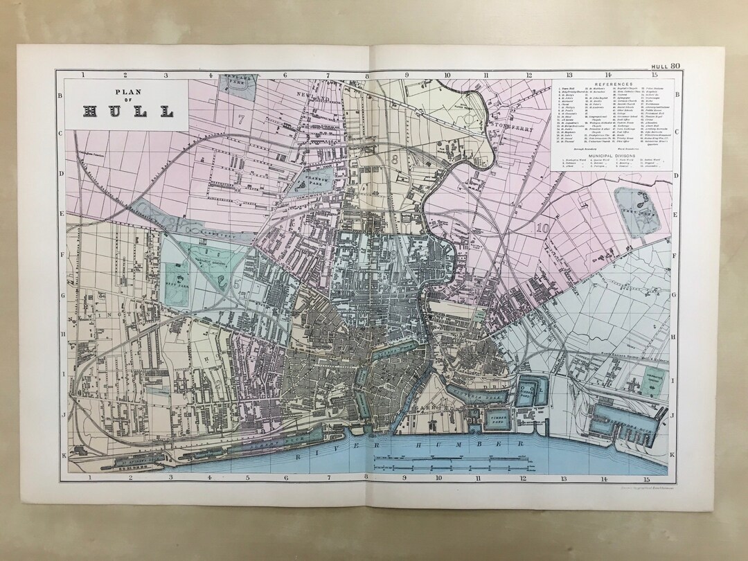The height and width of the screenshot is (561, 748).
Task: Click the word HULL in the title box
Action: [128, 110]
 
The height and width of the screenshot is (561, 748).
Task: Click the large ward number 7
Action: [241, 118]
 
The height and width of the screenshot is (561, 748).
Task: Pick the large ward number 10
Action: [541, 226]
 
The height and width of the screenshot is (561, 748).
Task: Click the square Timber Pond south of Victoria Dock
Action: [497, 419]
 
